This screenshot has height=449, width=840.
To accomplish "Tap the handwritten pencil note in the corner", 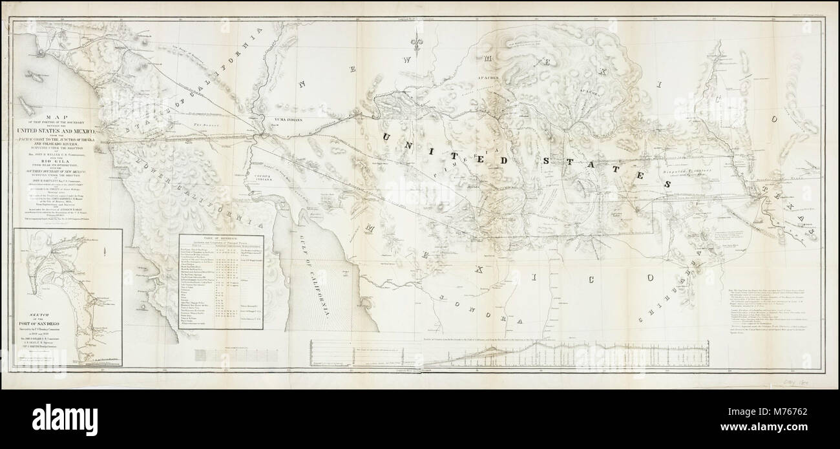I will (x=806, y=382).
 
